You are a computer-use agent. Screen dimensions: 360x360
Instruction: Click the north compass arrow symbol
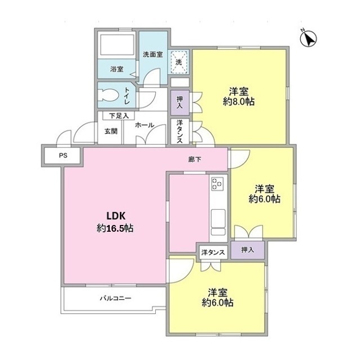pyautogui.click(x=308, y=38)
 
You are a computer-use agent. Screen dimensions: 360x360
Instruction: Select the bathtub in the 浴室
pyautogui.click(x=117, y=44)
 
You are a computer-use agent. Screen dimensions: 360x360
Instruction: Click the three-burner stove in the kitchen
pyautogui.click(x=217, y=183)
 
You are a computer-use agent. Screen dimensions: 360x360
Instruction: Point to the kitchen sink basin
pyautogui.click(x=218, y=218)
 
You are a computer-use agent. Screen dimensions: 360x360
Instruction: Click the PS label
pyautogui.click(x=63, y=155)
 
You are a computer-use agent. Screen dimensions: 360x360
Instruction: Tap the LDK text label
pyautogui.click(x=116, y=216)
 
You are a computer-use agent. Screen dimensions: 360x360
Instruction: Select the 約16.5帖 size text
pyautogui.click(x=115, y=228)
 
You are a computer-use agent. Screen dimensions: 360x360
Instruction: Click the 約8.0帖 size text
pyautogui.click(x=238, y=101)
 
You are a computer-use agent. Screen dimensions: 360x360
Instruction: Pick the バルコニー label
pyautogui.click(x=115, y=298)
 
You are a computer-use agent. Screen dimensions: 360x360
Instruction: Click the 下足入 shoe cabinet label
pyautogui.click(x=119, y=116)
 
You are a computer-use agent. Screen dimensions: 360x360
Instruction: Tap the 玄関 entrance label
pyautogui.click(x=111, y=131)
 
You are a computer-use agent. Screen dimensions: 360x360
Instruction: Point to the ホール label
pyautogui.click(x=145, y=125)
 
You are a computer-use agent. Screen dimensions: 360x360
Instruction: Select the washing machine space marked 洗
pyautogui.click(x=179, y=62)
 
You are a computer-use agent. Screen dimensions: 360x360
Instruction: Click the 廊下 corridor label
pyautogui.click(x=195, y=159)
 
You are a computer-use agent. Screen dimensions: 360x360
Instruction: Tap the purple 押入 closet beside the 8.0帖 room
pyautogui.click(x=180, y=102)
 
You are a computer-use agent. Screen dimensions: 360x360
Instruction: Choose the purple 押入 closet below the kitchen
pyautogui.click(x=247, y=250)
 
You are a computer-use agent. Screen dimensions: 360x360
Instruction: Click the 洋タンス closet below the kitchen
pyautogui.click(x=213, y=253)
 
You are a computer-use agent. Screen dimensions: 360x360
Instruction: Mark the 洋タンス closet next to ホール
pyautogui.click(x=180, y=131)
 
